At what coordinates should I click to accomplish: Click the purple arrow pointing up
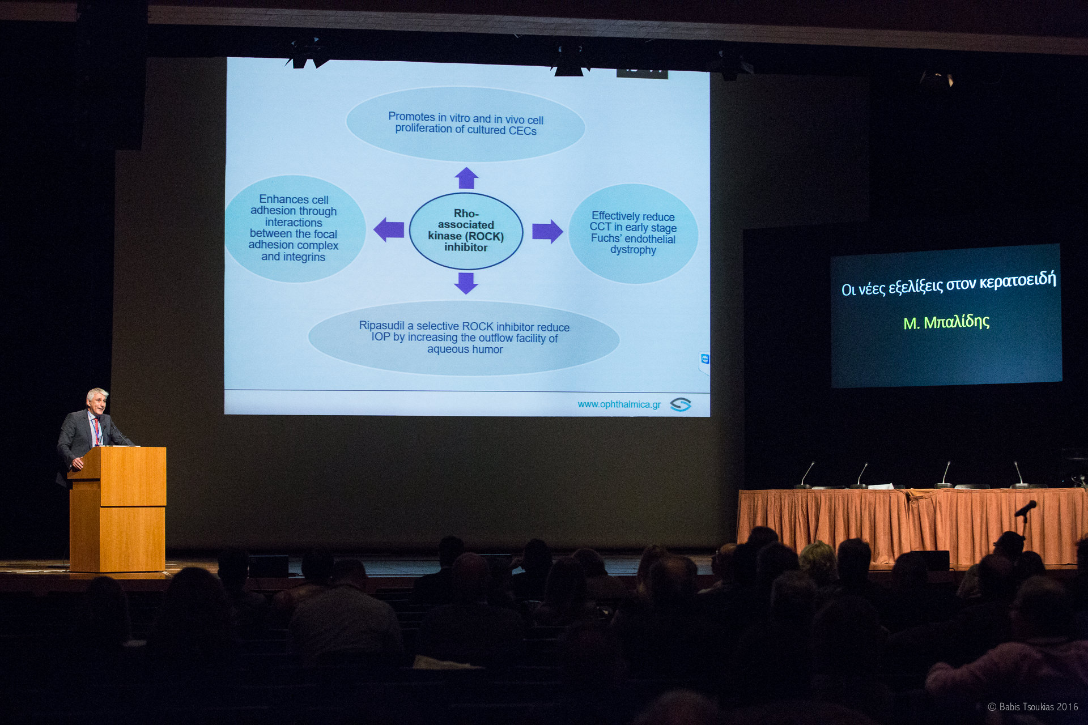466,178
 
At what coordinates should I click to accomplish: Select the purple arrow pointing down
466,283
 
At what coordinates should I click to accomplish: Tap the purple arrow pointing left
389,229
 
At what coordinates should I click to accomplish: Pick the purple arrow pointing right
547,231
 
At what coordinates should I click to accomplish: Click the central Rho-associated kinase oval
466,231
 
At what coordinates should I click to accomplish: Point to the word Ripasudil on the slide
382,326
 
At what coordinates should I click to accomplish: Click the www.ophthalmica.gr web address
619,404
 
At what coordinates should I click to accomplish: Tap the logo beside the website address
681,404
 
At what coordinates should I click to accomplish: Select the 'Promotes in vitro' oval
465,124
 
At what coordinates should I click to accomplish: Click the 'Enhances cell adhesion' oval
294,228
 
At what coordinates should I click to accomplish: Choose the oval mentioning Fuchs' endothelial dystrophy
633,233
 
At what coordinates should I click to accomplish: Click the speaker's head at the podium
97,401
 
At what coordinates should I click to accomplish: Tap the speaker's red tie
97,431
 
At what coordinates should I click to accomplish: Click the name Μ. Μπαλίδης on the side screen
946,322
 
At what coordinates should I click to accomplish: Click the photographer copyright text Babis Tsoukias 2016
1033,707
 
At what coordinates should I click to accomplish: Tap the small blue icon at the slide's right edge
705,359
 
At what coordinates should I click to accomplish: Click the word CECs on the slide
522,131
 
